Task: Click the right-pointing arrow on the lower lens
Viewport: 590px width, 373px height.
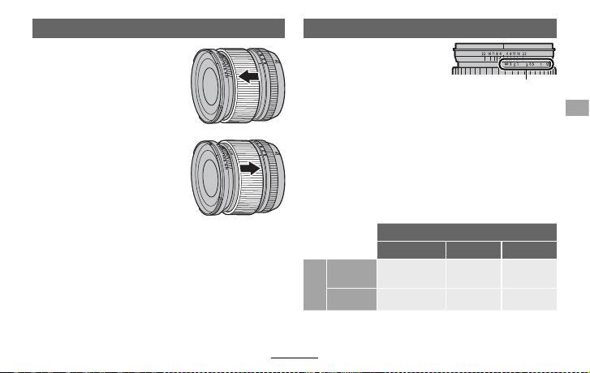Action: pyautogui.click(x=251, y=169)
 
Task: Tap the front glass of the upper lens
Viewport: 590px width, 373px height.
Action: pyautogui.click(x=209, y=87)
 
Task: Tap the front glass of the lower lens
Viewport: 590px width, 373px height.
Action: pyautogui.click(x=208, y=179)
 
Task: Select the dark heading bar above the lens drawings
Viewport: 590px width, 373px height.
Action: pyautogui.click(x=158, y=29)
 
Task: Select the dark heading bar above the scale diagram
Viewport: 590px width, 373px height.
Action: pyautogui.click(x=429, y=29)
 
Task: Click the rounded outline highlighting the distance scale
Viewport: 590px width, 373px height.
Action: pyautogui.click(x=526, y=63)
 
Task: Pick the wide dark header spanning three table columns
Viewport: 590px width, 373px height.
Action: pyautogui.click(x=467, y=230)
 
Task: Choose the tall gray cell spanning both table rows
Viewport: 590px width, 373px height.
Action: pyautogui.click(x=309, y=284)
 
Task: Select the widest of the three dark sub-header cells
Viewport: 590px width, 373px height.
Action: pyautogui.click(x=410, y=249)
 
